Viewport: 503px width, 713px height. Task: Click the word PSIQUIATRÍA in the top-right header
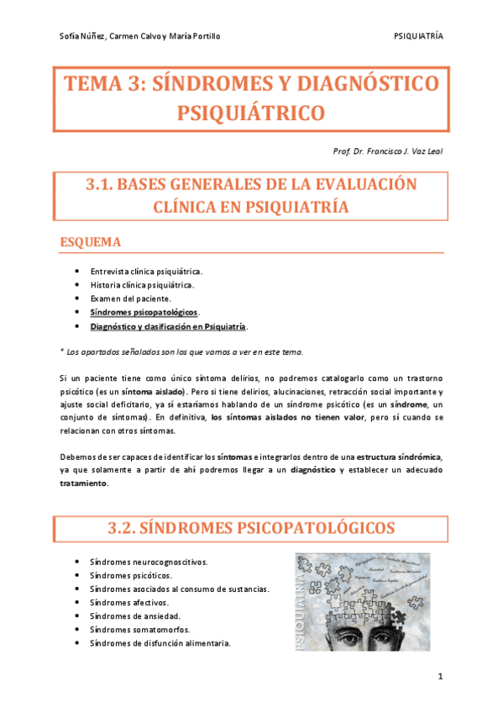[x=418, y=37]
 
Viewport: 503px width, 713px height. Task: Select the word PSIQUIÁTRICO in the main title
[x=251, y=112]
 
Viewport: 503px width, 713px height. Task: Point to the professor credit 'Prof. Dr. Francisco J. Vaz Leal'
[x=389, y=151]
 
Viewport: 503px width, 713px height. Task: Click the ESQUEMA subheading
[x=92, y=242]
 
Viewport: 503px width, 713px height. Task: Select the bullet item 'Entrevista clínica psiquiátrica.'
[x=146, y=272]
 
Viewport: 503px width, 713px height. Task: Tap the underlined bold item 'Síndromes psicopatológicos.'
[x=145, y=312]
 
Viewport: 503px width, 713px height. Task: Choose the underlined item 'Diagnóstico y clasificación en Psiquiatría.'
[x=169, y=325]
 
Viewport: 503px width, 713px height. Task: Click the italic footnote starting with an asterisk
[x=181, y=351]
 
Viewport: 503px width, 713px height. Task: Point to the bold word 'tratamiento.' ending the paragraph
[x=84, y=483]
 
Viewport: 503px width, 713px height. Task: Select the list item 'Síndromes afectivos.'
[x=129, y=603]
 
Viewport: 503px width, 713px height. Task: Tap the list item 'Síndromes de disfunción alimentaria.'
[x=160, y=643]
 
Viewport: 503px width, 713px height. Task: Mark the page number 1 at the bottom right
[x=440, y=676]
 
